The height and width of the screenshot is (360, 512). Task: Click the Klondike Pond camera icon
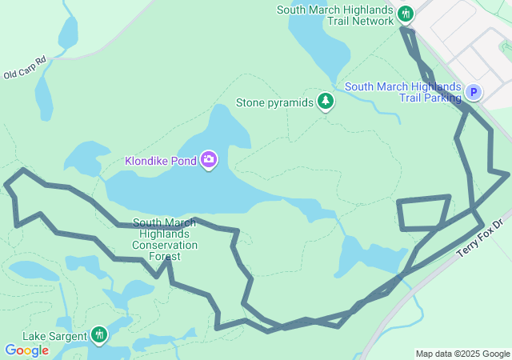[209, 160]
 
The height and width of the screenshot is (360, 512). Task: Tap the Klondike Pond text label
[161, 161]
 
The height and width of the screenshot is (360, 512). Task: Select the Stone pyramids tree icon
[325, 102]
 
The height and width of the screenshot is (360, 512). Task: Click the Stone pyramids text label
[274, 102]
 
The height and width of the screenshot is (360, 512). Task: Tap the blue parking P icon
[474, 93]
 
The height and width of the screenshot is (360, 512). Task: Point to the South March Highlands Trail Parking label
[403, 92]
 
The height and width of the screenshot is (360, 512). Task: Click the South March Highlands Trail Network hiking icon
[406, 14]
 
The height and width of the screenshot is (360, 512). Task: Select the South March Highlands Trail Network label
[335, 15]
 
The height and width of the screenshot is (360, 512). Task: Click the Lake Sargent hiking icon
[99, 334]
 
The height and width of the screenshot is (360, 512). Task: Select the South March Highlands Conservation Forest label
[165, 240]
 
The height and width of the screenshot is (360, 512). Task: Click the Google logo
[26, 350]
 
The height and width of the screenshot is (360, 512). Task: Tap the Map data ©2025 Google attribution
[462, 354]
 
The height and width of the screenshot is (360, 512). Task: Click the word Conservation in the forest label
[165, 245]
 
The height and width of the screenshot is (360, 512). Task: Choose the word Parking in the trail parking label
[442, 98]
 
